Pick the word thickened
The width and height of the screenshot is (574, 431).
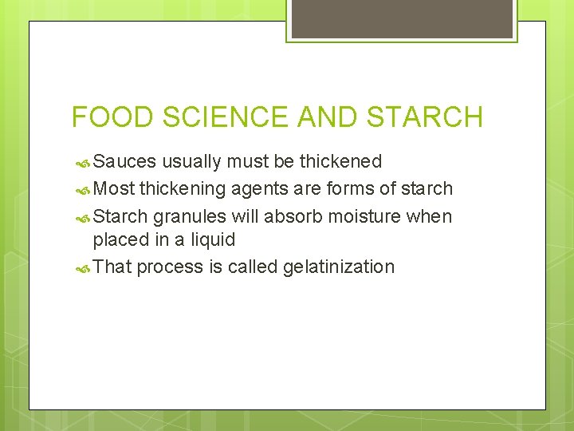click(340, 162)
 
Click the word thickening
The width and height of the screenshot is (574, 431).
click(183, 189)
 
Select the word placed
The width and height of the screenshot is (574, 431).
click(120, 239)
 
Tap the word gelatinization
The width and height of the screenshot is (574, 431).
click(339, 267)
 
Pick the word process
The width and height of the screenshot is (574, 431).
click(169, 267)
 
